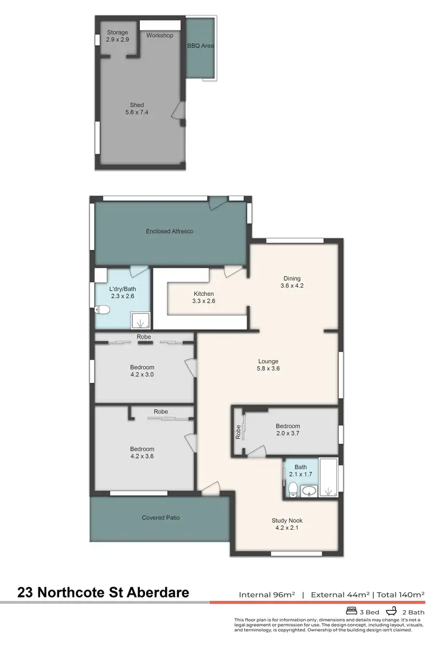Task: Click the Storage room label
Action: click(117, 36)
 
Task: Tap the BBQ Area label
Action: click(200, 45)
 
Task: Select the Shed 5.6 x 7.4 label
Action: click(136, 109)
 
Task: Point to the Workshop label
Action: click(159, 36)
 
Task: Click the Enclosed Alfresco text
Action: click(169, 232)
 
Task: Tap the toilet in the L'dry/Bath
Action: click(104, 311)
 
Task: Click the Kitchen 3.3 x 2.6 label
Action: click(204, 297)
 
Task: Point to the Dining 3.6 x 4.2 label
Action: click(291, 282)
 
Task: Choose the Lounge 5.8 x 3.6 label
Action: click(268, 365)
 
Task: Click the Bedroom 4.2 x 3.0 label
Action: click(142, 371)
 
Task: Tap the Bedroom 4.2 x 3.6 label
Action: click(142, 452)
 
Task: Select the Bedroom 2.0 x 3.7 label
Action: click(287, 430)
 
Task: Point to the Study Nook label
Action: click(287, 524)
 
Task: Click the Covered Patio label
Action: click(161, 518)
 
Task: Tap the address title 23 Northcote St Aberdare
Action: click(103, 592)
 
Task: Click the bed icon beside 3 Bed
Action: click(351, 611)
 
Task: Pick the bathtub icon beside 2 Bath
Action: click(393, 611)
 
